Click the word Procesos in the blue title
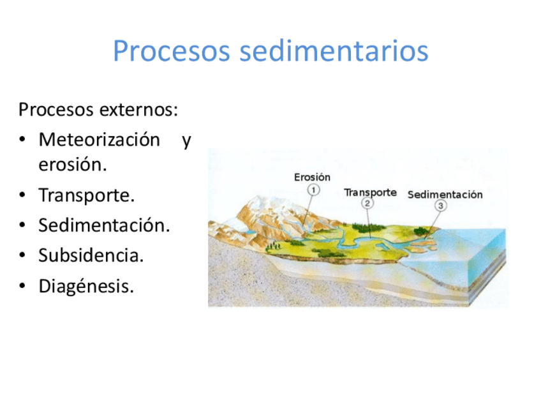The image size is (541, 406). point(172,51)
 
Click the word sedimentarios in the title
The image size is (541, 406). point(334,50)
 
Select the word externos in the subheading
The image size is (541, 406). point(138,110)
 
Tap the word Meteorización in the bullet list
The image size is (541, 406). point(100,140)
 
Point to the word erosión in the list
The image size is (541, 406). point(73,164)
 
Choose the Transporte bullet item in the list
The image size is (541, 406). point(86,195)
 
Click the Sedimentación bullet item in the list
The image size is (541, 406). point(104,225)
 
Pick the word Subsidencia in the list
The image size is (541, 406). point(91,255)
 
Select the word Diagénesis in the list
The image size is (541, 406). point(86,287)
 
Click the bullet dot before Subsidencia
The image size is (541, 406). point(22,255)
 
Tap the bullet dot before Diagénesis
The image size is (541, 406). point(22,286)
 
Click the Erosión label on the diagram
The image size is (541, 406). point(312,177)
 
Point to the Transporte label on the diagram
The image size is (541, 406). point(370,193)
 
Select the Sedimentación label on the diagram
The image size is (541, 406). point(445,195)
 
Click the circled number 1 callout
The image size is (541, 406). point(314,190)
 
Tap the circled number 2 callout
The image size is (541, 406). point(367,203)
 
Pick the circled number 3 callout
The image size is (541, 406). point(440,206)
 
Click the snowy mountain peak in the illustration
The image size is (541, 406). point(262,203)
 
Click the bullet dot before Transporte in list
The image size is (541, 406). point(22,195)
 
